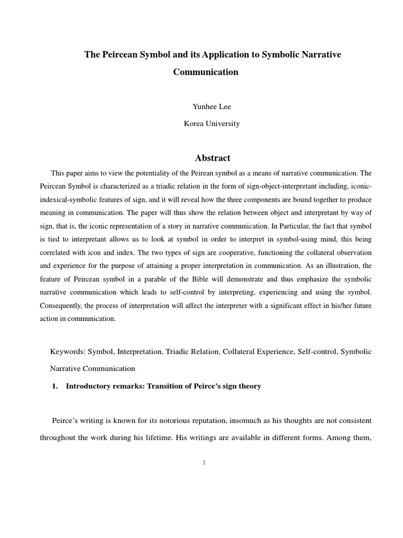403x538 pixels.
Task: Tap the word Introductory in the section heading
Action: tap(87, 386)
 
